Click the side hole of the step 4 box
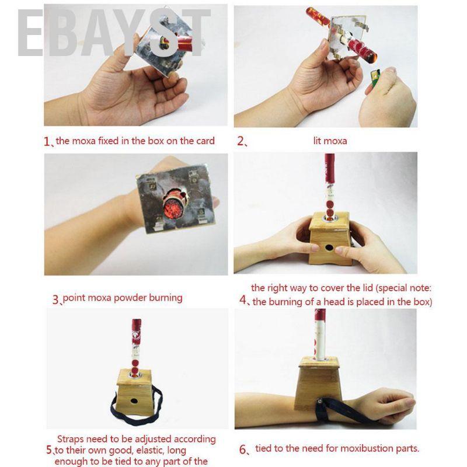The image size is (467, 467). click(329, 247)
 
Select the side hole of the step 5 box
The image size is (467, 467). click(135, 401)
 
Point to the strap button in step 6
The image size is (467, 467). click(320, 401)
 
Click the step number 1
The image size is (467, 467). click(47, 141)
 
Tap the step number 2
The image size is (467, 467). click(241, 141)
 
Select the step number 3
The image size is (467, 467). click(55, 299)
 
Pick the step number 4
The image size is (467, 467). click(243, 299)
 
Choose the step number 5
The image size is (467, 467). click(49, 449)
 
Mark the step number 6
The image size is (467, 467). click(243, 449)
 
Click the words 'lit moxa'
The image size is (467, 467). click(330, 141)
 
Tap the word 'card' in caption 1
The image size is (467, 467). click(205, 141)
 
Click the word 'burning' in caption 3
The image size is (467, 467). click(166, 298)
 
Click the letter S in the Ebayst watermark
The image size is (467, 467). click(165, 33)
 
